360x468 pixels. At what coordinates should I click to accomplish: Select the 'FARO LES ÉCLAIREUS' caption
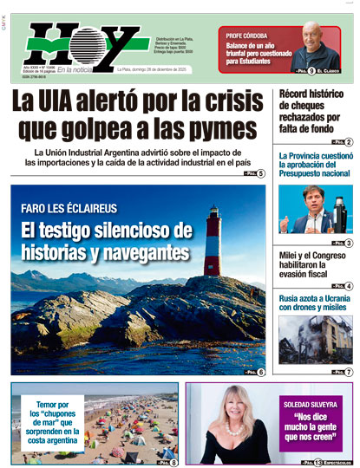point(69,209)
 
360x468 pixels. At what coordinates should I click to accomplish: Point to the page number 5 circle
point(260,173)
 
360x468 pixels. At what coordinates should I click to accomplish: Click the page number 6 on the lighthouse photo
point(260,372)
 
